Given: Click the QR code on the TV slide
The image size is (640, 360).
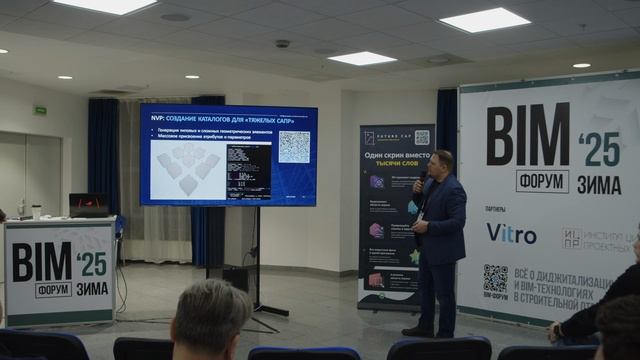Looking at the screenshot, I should pos(293,147).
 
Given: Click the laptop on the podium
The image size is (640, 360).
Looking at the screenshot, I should pos(88,205).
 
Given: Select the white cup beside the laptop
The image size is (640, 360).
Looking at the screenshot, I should pos(37,212).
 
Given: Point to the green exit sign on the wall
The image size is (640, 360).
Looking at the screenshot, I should pos(40,110).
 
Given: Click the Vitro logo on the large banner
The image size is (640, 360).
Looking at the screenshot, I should pos(511,233).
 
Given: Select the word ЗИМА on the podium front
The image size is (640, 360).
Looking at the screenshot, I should pos(92,289).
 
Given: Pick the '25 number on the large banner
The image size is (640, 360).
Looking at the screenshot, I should pos(599,148).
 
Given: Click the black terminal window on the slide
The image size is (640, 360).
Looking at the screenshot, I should pos(248,170).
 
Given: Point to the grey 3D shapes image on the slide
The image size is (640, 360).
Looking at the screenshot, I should pos(188,167).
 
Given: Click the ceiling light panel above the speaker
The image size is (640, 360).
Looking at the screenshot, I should pos(484,19).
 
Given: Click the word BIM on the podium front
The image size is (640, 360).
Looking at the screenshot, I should pos(41,263).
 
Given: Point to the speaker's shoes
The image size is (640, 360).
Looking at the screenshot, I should pos(419,331).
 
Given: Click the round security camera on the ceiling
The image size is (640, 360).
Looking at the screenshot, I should pos(282,43).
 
